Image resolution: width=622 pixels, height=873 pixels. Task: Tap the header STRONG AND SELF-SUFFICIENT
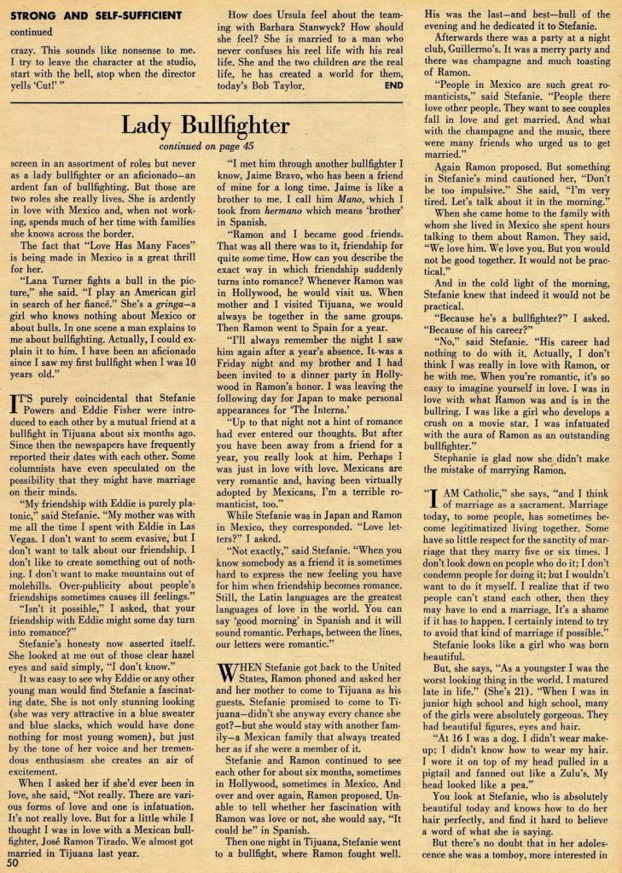tap(93, 15)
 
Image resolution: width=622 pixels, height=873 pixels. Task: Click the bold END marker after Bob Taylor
tap(393, 85)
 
